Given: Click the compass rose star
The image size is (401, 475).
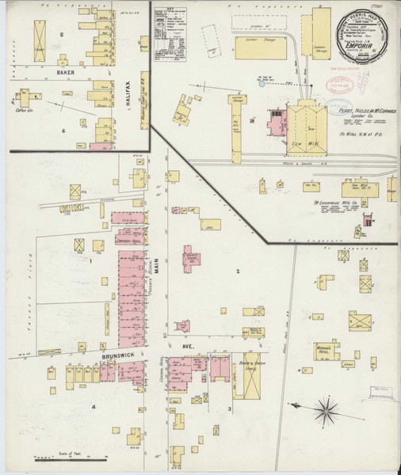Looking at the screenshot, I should (x=326, y=409).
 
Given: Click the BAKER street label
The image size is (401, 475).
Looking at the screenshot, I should (x=67, y=72).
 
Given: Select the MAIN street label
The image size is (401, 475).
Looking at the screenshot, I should (x=157, y=272).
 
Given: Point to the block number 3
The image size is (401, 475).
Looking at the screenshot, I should (x=230, y=408).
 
